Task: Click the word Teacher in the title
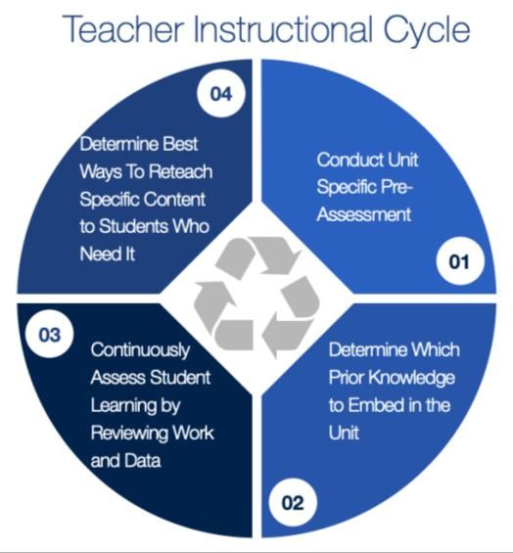[x=123, y=29]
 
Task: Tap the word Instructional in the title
[x=284, y=29]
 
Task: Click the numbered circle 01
[x=460, y=261]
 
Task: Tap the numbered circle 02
[x=293, y=502]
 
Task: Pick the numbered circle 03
[x=49, y=334]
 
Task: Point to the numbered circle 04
[x=221, y=93]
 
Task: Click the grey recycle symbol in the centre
[x=256, y=297]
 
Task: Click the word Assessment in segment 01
[x=364, y=214]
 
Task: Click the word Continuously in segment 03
[x=140, y=351]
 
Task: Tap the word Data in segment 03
[x=143, y=460]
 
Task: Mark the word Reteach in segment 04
[x=180, y=171]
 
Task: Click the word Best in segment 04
[x=180, y=144]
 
